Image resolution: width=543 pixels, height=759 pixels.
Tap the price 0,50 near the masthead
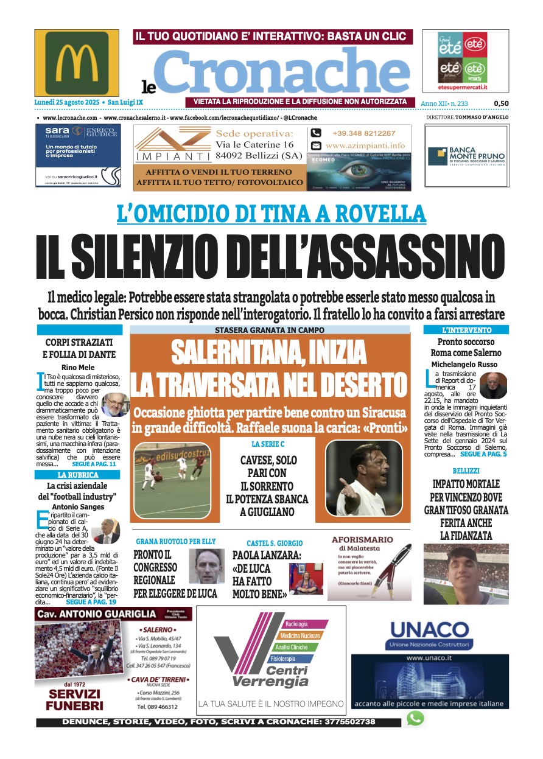click(x=501, y=103)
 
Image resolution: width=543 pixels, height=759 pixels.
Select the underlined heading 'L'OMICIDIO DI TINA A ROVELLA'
click(x=271, y=213)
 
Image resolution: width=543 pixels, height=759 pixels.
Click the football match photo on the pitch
click(x=171, y=480)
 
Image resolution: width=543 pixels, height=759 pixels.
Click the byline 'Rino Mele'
click(x=77, y=367)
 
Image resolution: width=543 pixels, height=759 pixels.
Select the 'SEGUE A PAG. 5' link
click(x=483, y=454)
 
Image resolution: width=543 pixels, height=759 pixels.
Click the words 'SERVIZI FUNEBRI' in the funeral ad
click(x=75, y=699)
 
